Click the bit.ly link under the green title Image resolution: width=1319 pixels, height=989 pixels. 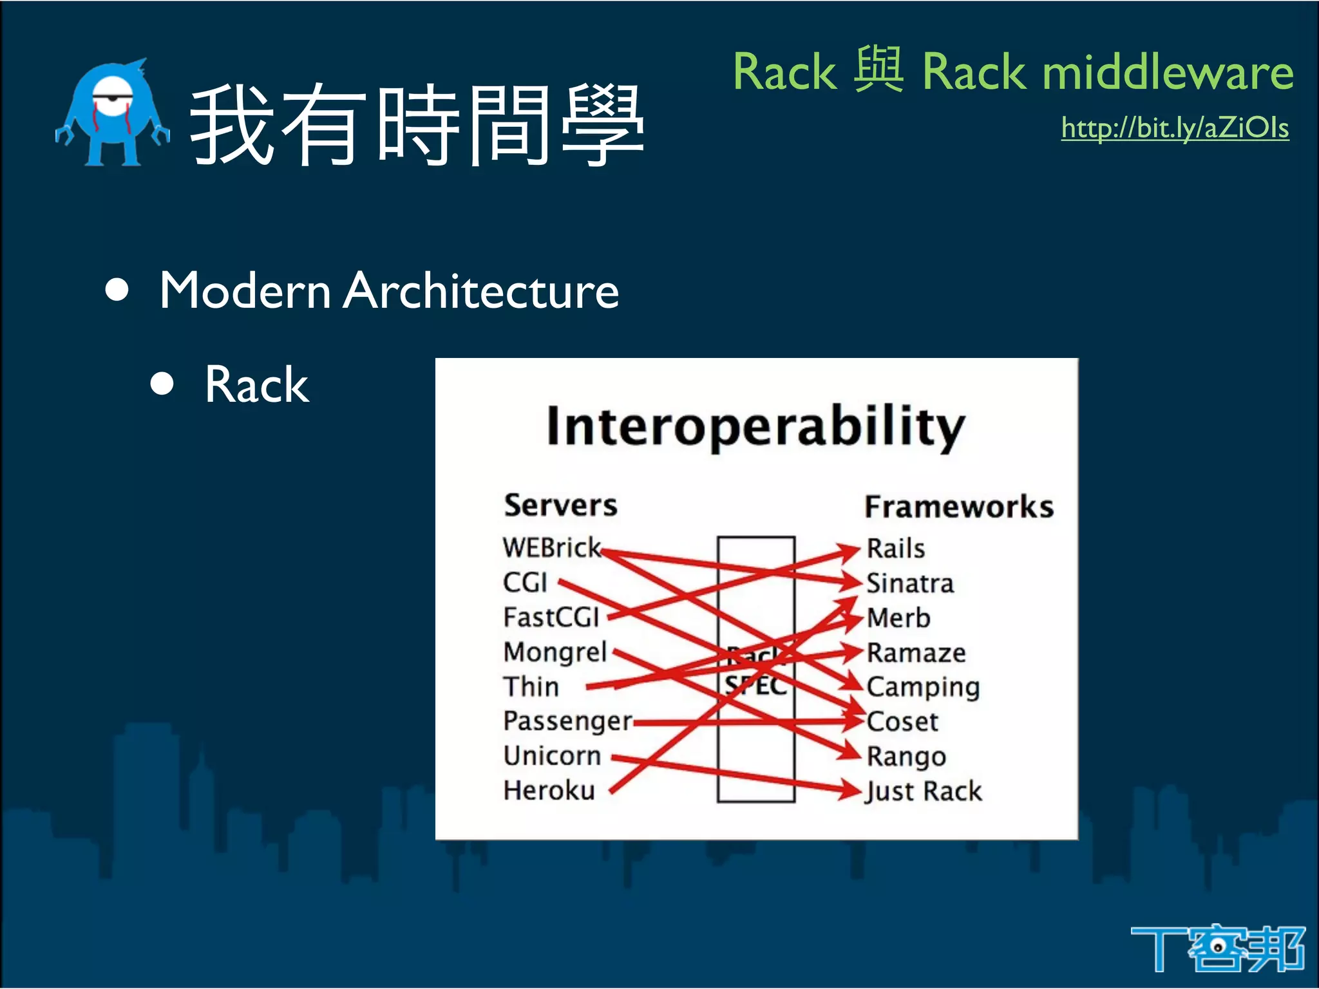click(x=1175, y=128)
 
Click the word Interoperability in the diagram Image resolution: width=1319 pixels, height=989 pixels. click(x=755, y=426)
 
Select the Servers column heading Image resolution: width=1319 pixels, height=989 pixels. click(x=560, y=505)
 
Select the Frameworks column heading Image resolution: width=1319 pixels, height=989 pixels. click(x=958, y=507)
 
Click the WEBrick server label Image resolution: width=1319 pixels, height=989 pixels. click(x=551, y=548)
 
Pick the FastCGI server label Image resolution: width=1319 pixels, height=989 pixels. click(x=551, y=617)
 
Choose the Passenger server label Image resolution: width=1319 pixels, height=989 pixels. click(x=567, y=721)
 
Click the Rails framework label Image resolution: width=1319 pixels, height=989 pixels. click(x=895, y=549)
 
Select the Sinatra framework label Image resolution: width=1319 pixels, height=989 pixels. click(x=909, y=583)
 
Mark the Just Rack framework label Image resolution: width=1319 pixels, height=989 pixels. click(x=924, y=791)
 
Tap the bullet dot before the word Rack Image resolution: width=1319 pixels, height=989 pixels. click(x=162, y=384)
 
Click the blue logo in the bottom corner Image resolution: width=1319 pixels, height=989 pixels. click(x=1217, y=949)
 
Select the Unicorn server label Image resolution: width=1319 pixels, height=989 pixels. click(x=552, y=756)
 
